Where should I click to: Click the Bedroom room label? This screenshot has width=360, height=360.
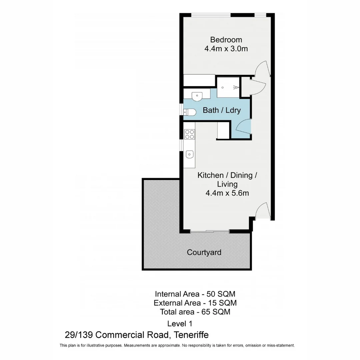(x=226, y=40)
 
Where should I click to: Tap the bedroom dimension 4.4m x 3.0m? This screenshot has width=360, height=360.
(x=226, y=49)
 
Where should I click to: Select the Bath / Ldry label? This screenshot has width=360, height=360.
(x=221, y=110)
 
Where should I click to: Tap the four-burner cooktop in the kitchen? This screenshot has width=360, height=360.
(x=189, y=134)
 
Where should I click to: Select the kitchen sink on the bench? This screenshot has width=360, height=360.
(x=189, y=154)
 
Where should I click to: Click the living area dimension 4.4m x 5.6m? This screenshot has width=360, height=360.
(x=227, y=193)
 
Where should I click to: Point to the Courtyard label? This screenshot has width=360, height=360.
(x=204, y=252)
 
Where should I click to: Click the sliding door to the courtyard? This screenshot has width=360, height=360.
(x=209, y=231)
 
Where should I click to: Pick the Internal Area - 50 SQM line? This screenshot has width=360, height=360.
(x=195, y=294)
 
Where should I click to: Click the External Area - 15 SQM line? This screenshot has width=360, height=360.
(x=195, y=303)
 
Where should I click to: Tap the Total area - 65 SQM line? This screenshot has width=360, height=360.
(x=195, y=312)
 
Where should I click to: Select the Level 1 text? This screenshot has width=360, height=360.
(x=179, y=323)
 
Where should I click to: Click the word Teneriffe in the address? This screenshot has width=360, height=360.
(x=190, y=335)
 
